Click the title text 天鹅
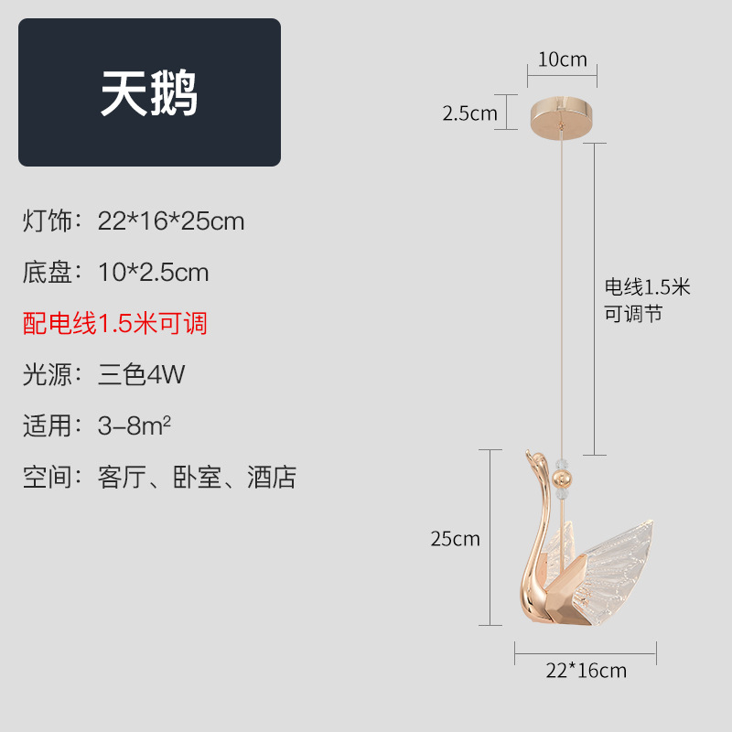[149, 93]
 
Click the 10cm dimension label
[562, 60]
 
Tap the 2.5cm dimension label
[469, 113]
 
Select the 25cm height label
[455, 539]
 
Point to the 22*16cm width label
[586, 670]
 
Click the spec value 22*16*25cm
[171, 221]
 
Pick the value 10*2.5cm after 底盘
[154, 273]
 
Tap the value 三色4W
[141, 374]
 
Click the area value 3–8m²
[136, 425]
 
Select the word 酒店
[272, 477]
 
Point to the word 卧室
[198, 477]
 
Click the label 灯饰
[47, 221]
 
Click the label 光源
[47, 374]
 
